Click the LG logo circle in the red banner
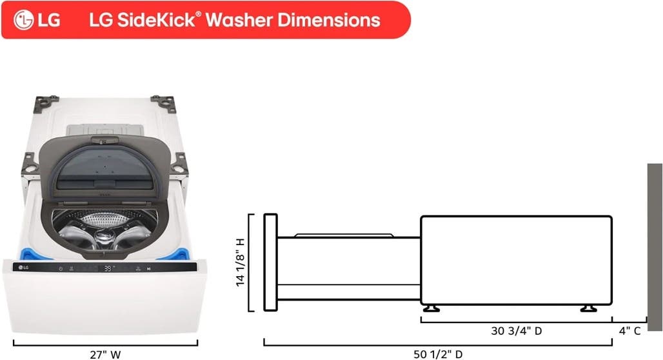pos(24,20)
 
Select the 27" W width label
pos(105,354)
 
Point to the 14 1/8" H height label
pos(240,263)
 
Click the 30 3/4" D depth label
pos(517,331)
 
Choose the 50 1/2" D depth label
pos(438,354)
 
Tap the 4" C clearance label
pos(629,331)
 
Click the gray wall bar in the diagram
pos(655,247)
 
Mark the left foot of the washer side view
pos(431,308)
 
